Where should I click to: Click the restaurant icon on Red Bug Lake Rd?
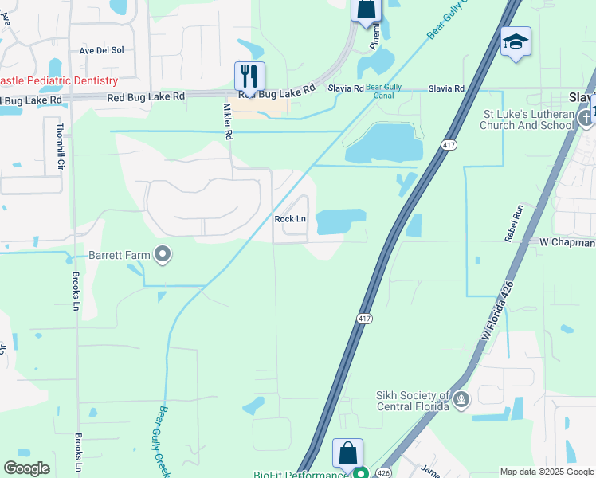[x=249, y=76]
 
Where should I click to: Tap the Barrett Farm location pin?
[x=163, y=255]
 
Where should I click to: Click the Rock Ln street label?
[x=290, y=219]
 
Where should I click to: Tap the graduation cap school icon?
[x=515, y=42]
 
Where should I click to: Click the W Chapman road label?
[x=567, y=241]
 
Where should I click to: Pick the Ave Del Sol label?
[x=101, y=49]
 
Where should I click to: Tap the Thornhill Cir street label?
[x=60, y=147]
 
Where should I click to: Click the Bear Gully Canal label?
[x=384, y=92]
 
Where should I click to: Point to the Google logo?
[x=26, y=468]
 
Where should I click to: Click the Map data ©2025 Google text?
[x=547, y=472]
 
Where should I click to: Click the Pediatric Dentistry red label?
[x=59, y=80]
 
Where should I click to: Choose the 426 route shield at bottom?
[x=383, y=472]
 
